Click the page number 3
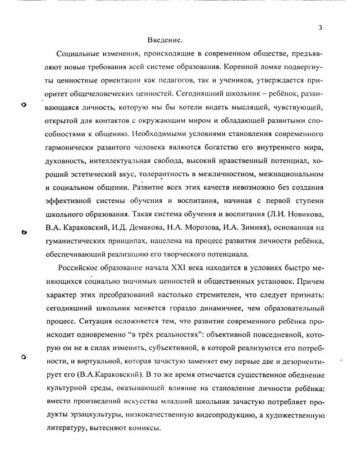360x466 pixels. (320, 27)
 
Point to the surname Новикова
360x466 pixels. (305, 214)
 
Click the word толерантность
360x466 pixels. (164, 174)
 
